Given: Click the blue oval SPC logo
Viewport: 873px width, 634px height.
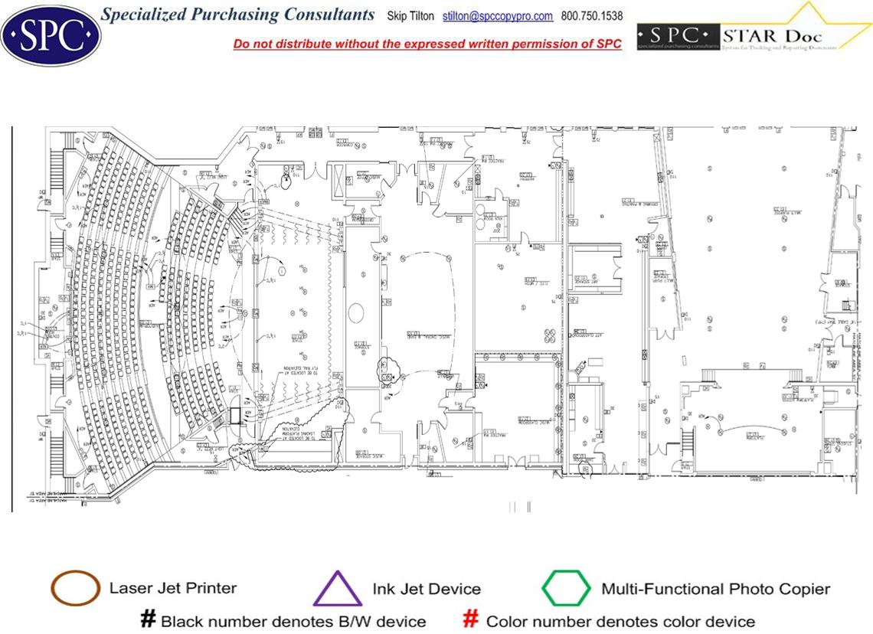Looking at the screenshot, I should click(51, 34).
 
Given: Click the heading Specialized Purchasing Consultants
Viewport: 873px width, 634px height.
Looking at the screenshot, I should click(238, 15).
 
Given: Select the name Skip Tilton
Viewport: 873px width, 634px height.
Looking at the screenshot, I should click(410, 16).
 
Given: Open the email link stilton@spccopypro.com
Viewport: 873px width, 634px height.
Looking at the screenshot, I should click(498, 16).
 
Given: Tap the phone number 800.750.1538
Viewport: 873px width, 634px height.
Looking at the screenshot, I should click(592, 16).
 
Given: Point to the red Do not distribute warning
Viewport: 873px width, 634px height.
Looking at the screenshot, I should click(427, 44).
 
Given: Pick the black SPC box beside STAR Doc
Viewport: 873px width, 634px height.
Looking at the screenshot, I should click(678, 36).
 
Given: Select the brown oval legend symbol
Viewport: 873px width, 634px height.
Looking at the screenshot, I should click(75, 588).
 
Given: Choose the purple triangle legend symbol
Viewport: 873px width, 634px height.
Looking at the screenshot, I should click(337, 589).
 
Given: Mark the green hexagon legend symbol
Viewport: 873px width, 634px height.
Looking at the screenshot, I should click(566, 589).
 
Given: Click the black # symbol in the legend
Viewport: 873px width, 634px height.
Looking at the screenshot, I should click(149, 619).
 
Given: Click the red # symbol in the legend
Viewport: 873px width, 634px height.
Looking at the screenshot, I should click(472, 619).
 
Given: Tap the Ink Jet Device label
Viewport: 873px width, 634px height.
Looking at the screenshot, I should click(427, 589).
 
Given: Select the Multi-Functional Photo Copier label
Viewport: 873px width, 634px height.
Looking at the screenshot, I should click(715, 589).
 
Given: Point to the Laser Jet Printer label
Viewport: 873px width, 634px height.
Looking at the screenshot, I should click(173, 588).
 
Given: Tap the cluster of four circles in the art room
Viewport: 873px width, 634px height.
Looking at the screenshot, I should click(550, 335).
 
